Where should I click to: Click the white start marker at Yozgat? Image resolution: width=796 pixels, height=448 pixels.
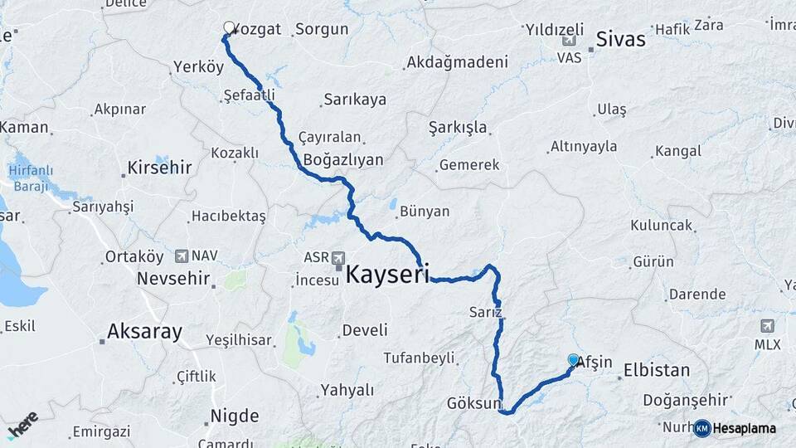(x=229, y=27)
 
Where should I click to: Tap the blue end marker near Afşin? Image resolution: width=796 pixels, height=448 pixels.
(x=573, y=360)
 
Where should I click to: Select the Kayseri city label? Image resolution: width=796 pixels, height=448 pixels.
(x=387, y=275)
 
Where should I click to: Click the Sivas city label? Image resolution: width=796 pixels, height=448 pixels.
(x=620, y=39)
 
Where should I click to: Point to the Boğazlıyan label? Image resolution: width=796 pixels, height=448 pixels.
(x=343, y=159)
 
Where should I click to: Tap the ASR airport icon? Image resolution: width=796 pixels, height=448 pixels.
(x=338, y=260)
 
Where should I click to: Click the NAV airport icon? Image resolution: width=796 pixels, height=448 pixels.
(x=182, y=256)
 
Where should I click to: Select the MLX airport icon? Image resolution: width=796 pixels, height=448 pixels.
(x=766, y=325)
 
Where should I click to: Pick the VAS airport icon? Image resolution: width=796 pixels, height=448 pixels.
(x=569, y=41)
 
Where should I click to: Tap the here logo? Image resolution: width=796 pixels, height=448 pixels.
(x=22, y=424)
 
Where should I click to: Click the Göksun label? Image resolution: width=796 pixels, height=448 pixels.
(x=473, y=404)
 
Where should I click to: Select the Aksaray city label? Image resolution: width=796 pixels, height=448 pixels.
(x=144, y=333)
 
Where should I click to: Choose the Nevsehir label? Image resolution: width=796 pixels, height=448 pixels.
(x=173, y=278)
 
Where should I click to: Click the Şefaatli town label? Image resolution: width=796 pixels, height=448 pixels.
(x=249, y=96)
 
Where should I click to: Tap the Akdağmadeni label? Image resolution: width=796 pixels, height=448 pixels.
(x=457, y=63)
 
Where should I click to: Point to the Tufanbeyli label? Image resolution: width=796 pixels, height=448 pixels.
(x=419, y=358)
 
